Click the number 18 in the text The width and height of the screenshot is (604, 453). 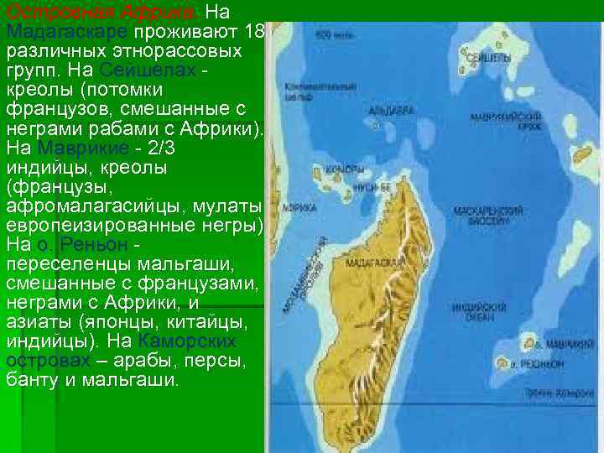pyautogui.click(x=256, y=32)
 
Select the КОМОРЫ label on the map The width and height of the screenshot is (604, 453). pyautogui.click(x=352, y=169)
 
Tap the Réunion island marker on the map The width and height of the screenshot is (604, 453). pyautogui.click(x=503, y=365)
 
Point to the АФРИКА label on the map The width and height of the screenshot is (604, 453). pyautogui.click(x=294, y=206)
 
